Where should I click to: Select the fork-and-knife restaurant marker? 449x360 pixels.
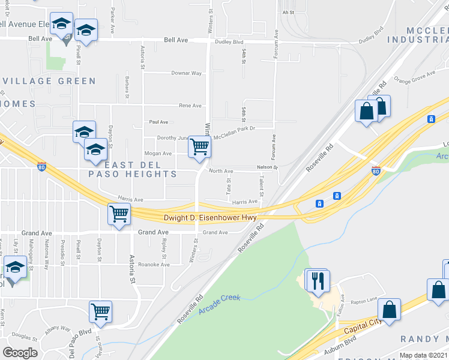pyautogui.click(x=317, y=280)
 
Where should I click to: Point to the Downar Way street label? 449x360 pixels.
pyautogui.click(x=187, y=73)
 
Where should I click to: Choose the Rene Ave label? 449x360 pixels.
pyautogui.click(x=190, y=106)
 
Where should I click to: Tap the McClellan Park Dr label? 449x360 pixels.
pyautogui.click(x=235, y=128)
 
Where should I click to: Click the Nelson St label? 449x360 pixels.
pyautogui.click(x=268, y=167)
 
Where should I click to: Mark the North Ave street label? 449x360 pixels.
pyautogui.click(x=221, y=171)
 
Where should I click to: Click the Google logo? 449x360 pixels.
pyautogui.click(x=20, y=353)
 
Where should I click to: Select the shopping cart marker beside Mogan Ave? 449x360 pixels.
pyautogui.click(x=199, y=146)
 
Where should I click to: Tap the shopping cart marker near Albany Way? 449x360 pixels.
pyautogui.click(x=100, y=311)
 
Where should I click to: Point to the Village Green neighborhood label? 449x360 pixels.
pyautogui.click(x=49, y=81)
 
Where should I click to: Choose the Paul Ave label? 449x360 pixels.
pyautogui.click(x=158, y=122)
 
